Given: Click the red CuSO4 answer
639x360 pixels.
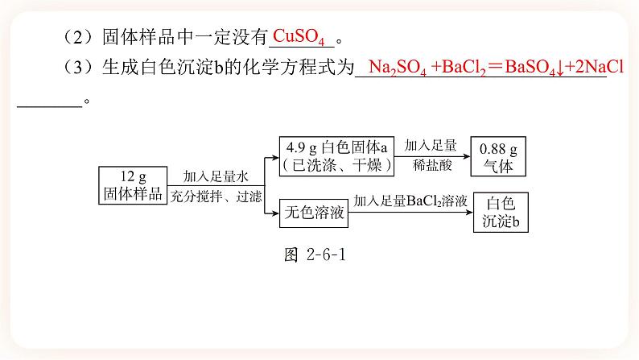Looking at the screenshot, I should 303,36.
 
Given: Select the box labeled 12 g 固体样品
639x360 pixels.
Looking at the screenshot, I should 132,185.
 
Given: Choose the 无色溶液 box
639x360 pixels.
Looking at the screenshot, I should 314,213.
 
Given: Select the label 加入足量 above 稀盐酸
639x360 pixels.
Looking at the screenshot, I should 431,146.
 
